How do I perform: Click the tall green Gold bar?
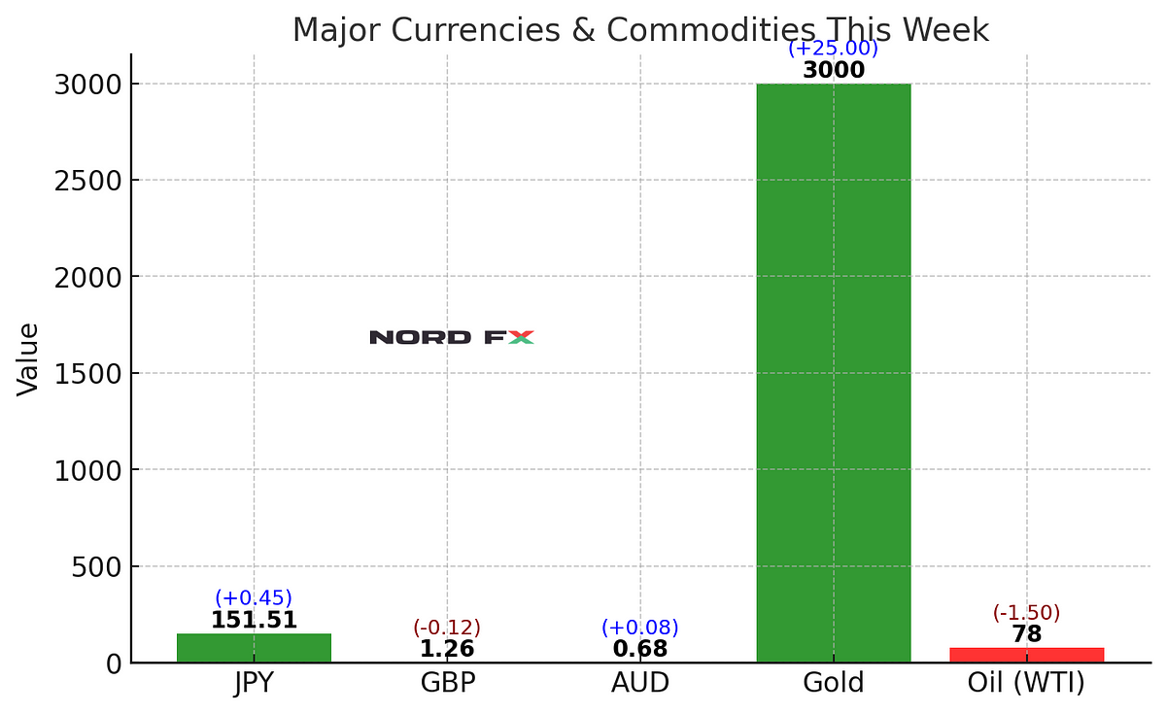click(x=834, y=374)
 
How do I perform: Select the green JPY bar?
click(x=254, y=648)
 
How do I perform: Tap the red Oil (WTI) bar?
click(x=1026, y=655)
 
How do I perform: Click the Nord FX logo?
click(x=452, y=337)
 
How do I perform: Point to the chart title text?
click(x=640, y=30)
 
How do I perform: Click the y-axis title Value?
click(x=28, y=358)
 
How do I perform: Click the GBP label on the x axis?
click(x=447, y=683)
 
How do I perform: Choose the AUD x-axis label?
click(x=640, y=683)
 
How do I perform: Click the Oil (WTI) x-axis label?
click(x=1026, y=683)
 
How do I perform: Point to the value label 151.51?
click(x=254, y=620)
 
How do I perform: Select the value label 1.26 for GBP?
click(x=447, y=649)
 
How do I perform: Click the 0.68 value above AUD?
click(x=640, y=649)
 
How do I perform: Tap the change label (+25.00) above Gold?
click(x=833, y=49)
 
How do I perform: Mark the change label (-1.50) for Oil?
click(x=1026, y=613)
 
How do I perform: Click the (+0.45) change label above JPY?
click(x=254, y=597)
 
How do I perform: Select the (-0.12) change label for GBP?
click(x=447, y=628)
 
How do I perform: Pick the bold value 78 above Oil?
click(x=1026, y=634)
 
